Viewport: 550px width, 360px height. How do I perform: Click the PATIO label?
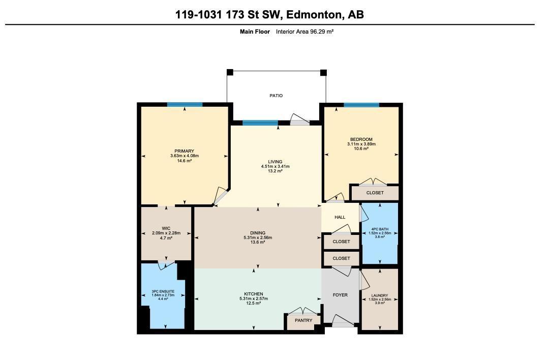(276, 96)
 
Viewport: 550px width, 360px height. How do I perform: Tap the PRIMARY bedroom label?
(184, 151)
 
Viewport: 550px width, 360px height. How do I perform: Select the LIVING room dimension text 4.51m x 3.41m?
(275, 166)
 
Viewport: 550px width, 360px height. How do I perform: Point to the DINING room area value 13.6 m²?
(258, 242)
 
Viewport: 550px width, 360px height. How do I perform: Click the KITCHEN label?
(253, 294)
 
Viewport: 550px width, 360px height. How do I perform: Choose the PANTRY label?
(303, 320)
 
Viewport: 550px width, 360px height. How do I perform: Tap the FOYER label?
(340, 295)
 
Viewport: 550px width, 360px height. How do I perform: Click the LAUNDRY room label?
(379, 295)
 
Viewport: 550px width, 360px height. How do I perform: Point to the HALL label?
(340, 217)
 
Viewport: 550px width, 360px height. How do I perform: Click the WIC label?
(166, 228)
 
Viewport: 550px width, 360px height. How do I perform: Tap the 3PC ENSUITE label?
(163, 291)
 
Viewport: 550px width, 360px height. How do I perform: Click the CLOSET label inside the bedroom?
(375, 193)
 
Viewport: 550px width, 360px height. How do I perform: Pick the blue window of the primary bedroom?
(185, 105)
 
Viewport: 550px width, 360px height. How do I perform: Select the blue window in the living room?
(260, 123)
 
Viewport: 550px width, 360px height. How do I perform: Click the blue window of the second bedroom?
(361, 105)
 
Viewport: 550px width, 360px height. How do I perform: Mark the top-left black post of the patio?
(230, 72)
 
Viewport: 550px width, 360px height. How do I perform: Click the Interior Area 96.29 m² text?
(304, 32)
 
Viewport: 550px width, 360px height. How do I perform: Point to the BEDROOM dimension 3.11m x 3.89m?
(361, 144)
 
